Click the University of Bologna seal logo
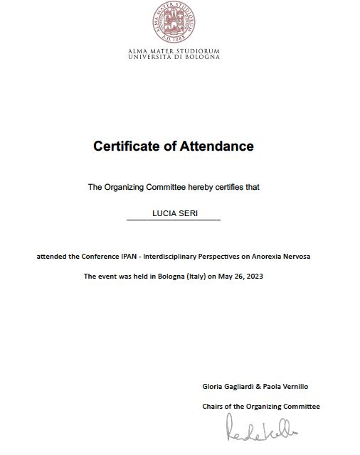[174, 22]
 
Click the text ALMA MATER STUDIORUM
[174, 51]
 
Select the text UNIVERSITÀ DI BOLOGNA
[174, 57]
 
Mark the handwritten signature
[261, 429]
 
